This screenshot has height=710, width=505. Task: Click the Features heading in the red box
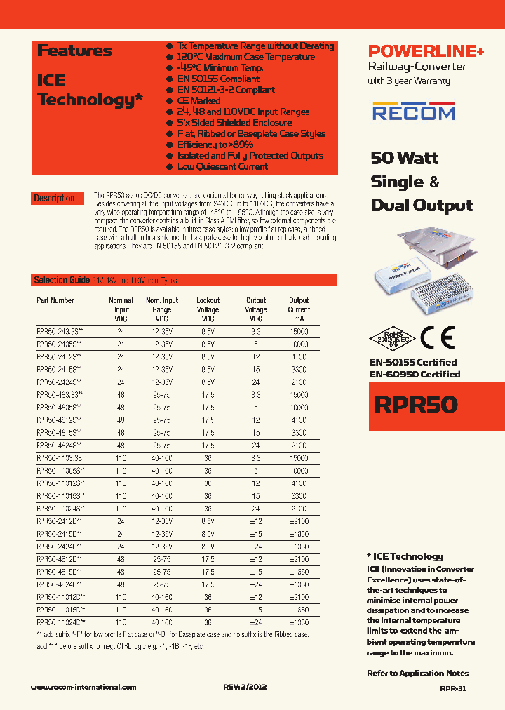coord(74,51)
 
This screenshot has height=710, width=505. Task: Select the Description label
coord(54,199)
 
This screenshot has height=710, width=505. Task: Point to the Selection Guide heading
coord(62,280)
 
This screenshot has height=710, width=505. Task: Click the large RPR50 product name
coord(416,405)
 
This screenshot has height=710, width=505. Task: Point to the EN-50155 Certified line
coord(412,362)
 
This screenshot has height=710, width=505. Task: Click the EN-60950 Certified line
coord(414,374)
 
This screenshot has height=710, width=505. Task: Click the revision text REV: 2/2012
coord(243,688)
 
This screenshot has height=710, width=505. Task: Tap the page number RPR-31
coord(453,689)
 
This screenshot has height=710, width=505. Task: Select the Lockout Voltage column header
coord(208,309)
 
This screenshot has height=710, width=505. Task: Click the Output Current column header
coord(299,309)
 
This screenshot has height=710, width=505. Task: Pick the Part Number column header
coord(55,300)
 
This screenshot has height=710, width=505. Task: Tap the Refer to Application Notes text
coord(417,673)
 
